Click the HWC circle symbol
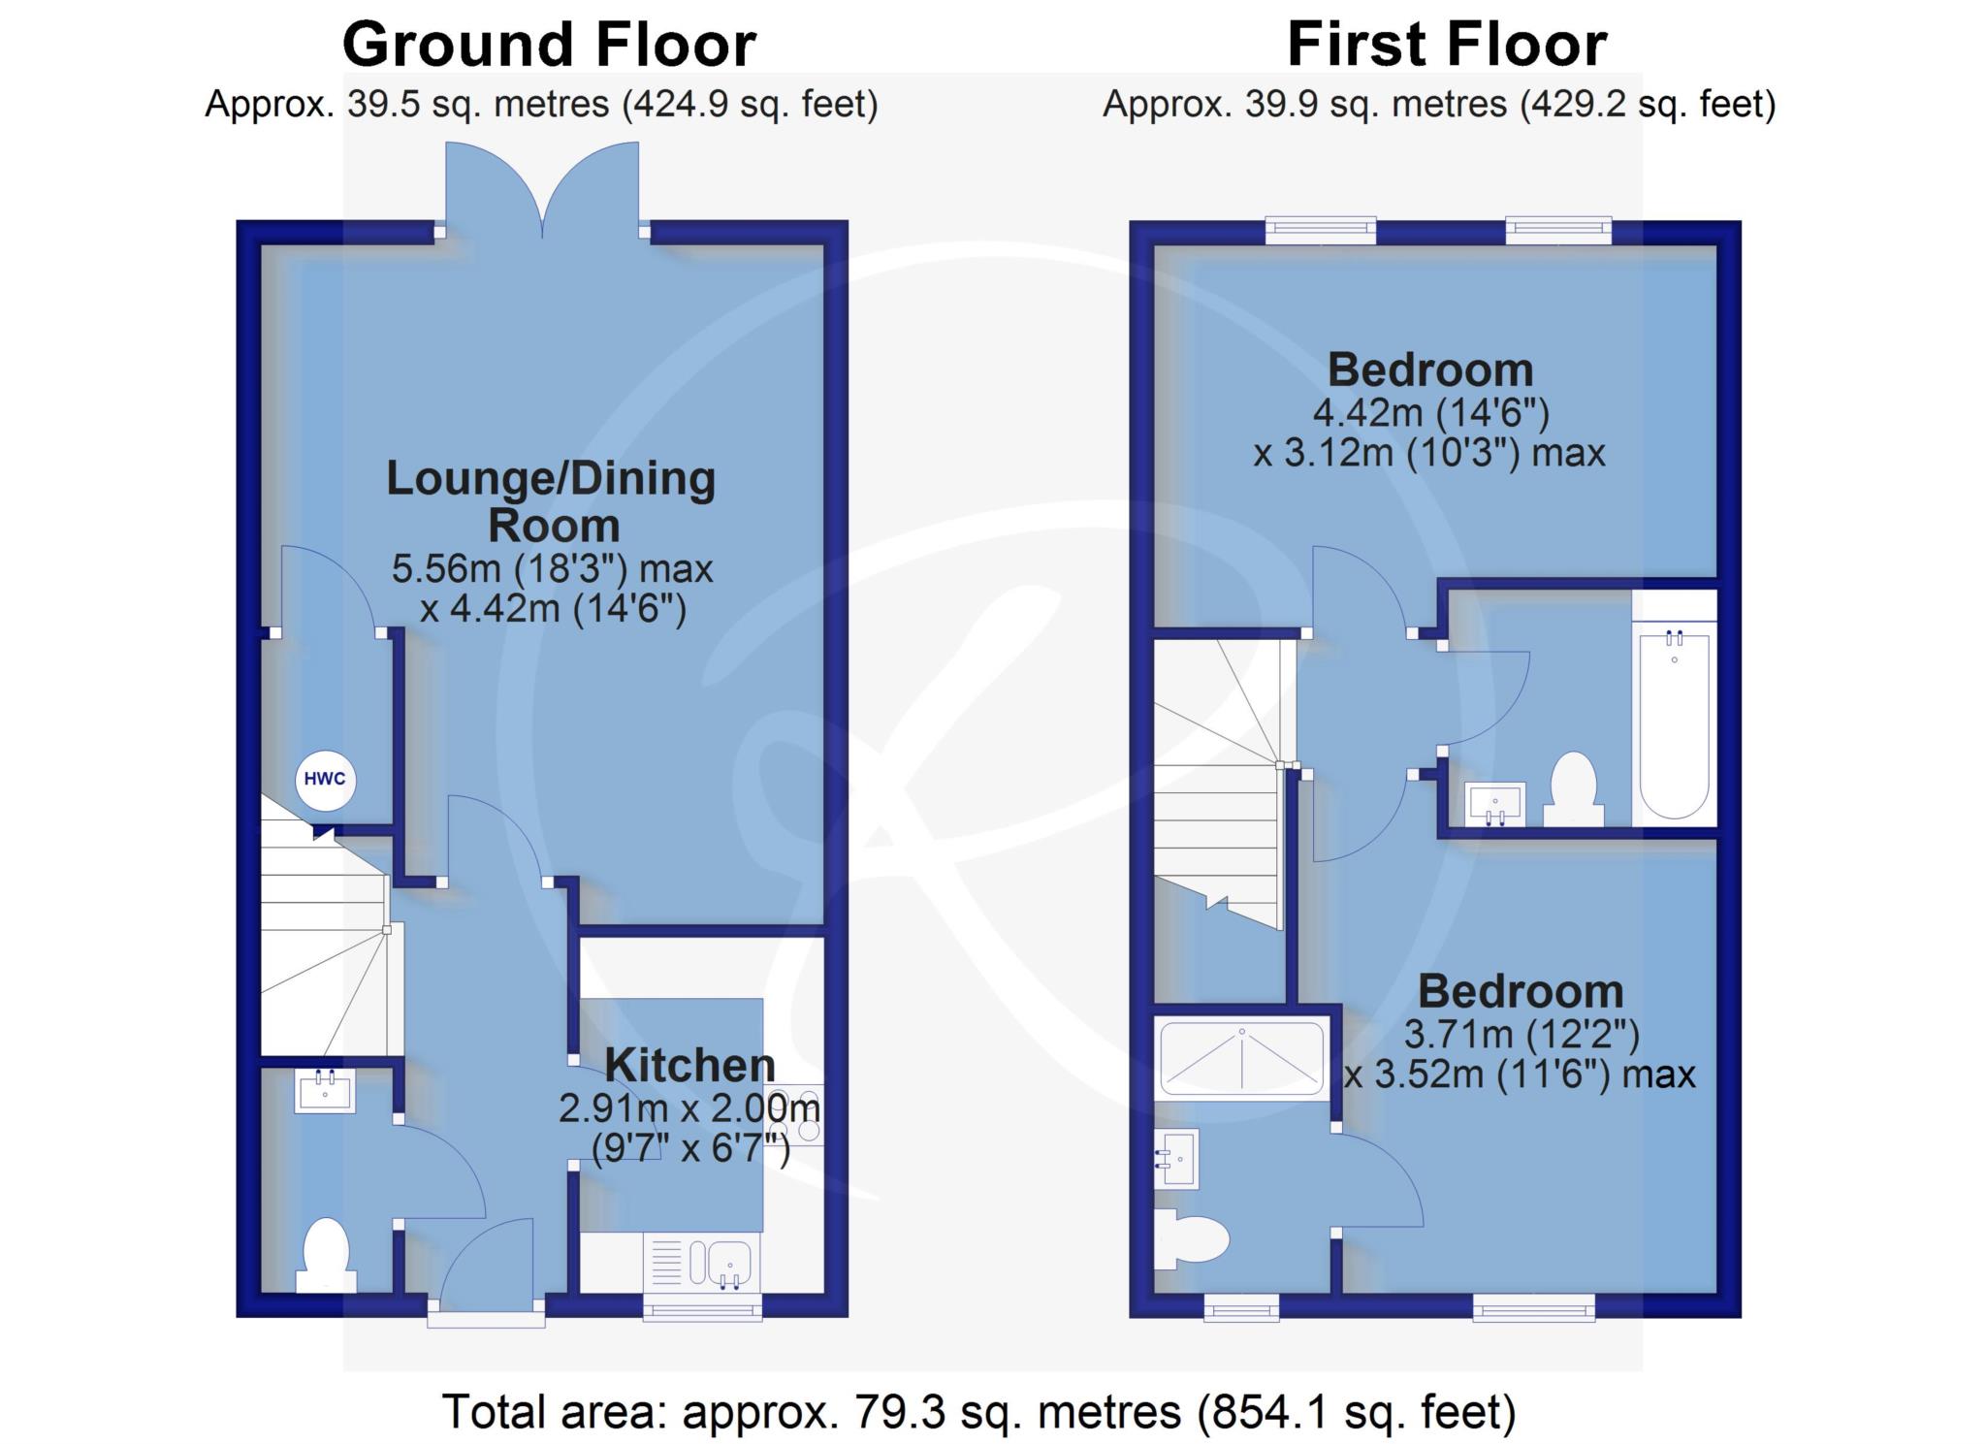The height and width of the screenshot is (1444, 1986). (325, 780)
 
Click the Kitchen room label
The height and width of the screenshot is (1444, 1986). (689, 1065)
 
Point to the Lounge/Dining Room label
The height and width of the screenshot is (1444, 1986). (552, 501)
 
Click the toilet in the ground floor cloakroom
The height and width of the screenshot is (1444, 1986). (326, 1255)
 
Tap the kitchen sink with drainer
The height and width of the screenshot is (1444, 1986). (702, 1264)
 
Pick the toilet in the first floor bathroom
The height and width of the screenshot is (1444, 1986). (1573, 789)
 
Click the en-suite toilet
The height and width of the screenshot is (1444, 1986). (1192, 1238)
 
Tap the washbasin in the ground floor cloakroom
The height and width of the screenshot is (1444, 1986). (325, 1090)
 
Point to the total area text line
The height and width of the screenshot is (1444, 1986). (979, 1412)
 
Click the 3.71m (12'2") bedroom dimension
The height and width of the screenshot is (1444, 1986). (1522, 1035)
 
